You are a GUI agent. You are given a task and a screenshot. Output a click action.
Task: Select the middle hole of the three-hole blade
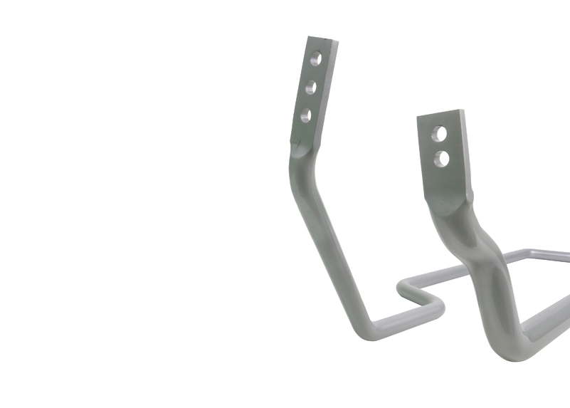311,88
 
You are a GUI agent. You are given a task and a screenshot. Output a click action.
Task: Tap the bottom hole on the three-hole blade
306,115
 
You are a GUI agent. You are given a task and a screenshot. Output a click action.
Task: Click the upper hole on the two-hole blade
439,135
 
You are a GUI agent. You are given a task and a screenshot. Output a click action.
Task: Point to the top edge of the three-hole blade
322,39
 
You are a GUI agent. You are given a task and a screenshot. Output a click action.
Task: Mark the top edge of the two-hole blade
440,114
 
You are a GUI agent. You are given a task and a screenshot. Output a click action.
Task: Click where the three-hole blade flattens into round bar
299,151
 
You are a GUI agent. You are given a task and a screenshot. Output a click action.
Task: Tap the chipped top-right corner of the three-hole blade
335,42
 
